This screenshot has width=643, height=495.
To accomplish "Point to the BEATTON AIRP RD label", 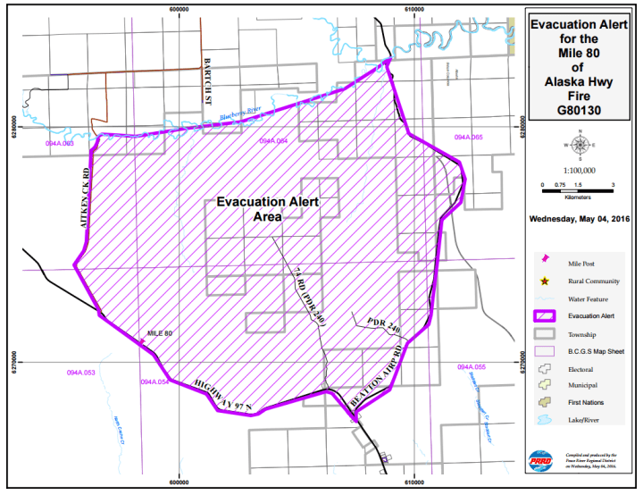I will pos(374,376).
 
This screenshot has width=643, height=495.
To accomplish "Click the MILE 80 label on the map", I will pos(160,333).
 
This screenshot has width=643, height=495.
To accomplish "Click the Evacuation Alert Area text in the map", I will pos(268,209).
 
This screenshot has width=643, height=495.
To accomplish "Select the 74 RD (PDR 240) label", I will pos(305,296).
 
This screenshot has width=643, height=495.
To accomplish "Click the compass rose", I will pos(579,145).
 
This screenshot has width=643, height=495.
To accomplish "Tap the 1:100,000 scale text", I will pos(579,170).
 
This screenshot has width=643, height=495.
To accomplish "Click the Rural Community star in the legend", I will pos(545,281).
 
